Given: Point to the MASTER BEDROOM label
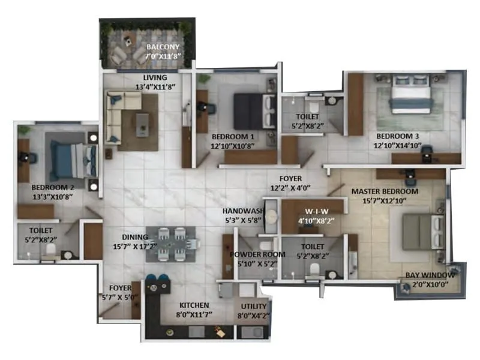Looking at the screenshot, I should coord(385,191).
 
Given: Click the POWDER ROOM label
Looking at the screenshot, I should coord(253,254).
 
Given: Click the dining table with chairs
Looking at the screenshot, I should coord(170,244).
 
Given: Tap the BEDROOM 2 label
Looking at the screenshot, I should coord(52,187).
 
